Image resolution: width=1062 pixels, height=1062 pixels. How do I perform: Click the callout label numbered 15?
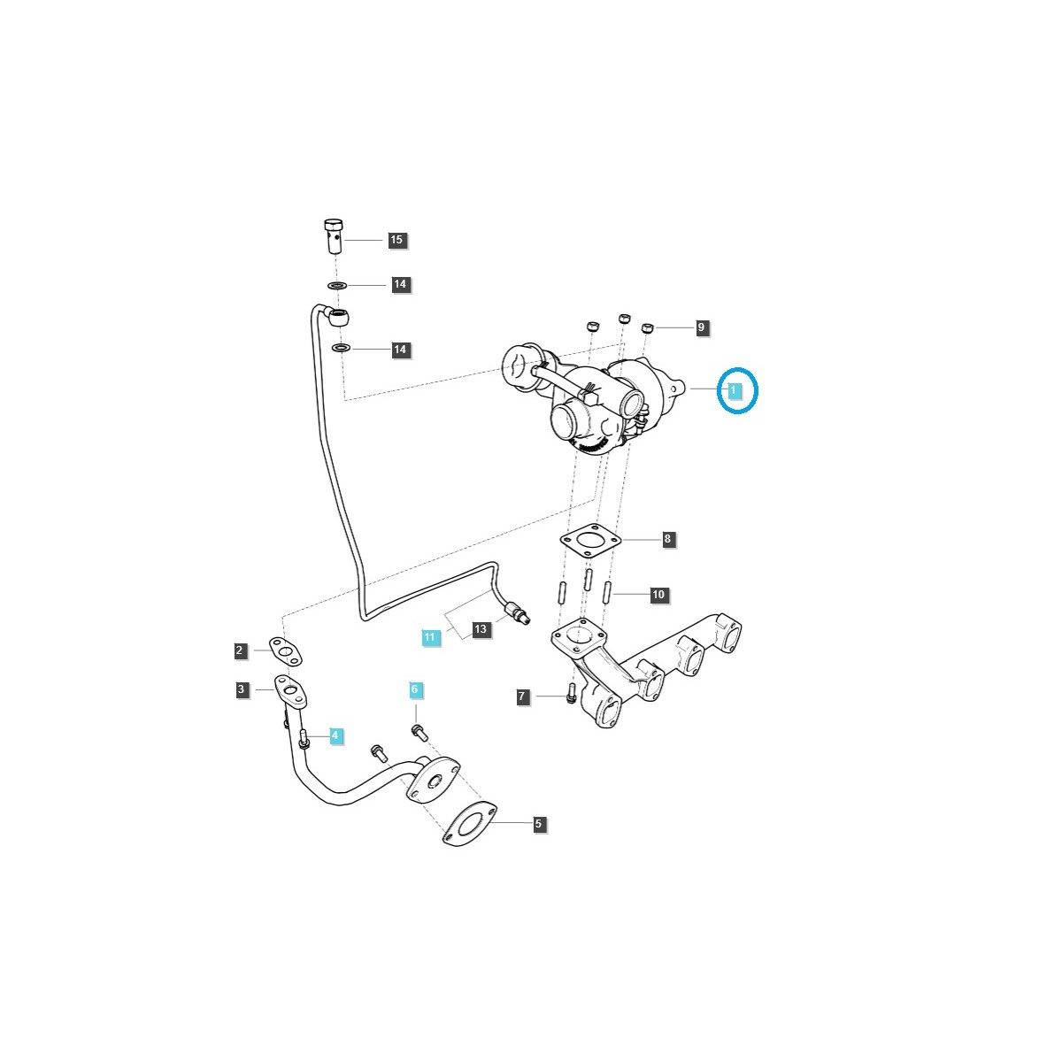click(x=396, y=240)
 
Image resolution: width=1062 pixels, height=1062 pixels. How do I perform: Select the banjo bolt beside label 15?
click(x=333, y=236)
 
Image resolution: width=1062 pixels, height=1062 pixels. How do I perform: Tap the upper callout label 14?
click(x=400, y=285)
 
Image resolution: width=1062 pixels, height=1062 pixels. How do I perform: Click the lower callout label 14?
click(x=400, y=350)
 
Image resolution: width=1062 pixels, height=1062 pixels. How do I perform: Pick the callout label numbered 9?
click(x=701, y=327)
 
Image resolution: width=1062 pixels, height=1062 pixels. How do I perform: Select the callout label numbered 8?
click(x=668, y=539)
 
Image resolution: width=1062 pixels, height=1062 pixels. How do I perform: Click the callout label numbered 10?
click(x=658, y=596)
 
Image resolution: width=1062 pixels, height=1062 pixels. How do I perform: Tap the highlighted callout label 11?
click(x=430, y=637)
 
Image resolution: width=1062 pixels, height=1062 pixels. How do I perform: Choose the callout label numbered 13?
click(x=480, y=630)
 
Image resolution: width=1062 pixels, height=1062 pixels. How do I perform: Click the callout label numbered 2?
click(x=239, y=651)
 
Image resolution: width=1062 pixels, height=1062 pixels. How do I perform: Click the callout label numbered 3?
click(x=242, y=689)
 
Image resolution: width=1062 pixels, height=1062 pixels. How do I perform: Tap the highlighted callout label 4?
click(x=335, y=735)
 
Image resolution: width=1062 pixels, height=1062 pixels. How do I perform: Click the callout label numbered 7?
click(x=522, y=697)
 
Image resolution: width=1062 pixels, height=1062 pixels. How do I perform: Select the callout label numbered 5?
click(x=538, y=825)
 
